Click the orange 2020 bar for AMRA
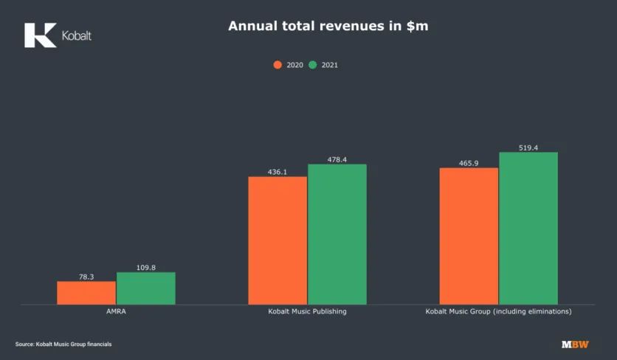(x=86, y=293)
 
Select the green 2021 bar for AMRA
(x=146, y=288)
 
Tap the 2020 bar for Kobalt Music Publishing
(x=278, y=240)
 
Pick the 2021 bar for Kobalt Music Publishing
(x=337, y=234)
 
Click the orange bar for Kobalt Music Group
(x=469, y=236)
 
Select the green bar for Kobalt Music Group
(x=528, y=228)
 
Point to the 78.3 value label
(x=86, y=277)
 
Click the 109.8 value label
(x=146, y=268)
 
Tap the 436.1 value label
(x=278, y=172)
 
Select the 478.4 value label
(x=337, y=159)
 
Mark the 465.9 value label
(x=469, y=163)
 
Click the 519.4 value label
(x=528, y=148)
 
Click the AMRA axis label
(x=116, y=312)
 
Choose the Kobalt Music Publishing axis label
(x=307, y=312)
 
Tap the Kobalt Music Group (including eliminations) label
(x=498, y=312)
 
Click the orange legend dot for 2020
(x=278, y=65)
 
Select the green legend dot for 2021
(x=313, y=65)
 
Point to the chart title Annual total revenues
(x=308, y=27)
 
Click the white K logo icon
(x=40, y=35)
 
